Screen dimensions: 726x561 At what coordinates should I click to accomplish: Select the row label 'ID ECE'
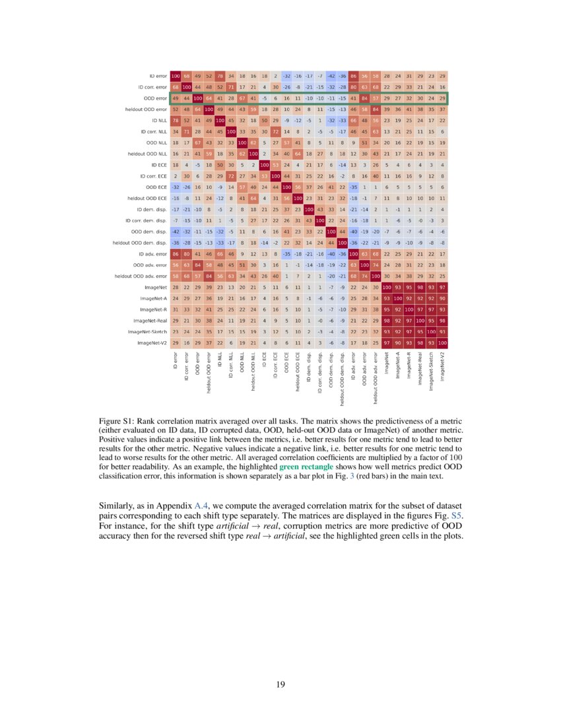coord(158,164)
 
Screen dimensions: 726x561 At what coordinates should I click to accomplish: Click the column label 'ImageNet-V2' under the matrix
coord(442,366)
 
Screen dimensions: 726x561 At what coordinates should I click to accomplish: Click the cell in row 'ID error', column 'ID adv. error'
coord(353,76)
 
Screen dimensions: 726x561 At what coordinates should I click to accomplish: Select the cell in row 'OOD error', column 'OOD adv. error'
coord(364,98)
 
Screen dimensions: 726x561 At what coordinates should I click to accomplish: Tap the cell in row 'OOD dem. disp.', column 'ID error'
coord(176,232)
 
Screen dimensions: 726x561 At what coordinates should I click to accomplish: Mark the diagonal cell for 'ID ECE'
coord(265,164)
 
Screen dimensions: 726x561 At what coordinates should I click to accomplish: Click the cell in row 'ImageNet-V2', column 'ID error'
coord(176,343)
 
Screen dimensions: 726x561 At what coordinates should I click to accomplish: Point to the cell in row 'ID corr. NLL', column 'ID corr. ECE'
coord(275,131)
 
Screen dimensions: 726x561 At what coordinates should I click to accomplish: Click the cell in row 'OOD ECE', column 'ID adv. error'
coord(353,187)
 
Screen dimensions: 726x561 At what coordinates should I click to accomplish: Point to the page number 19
coord(280,684)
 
